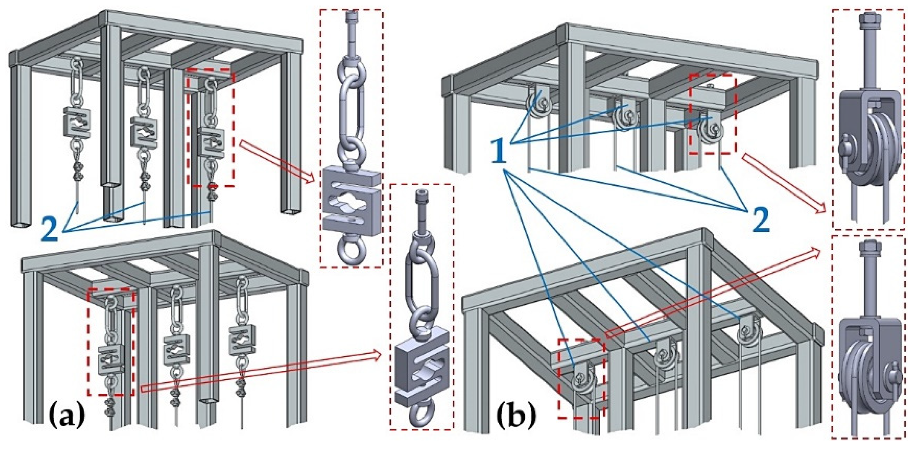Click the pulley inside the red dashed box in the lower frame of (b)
tap(583, 383)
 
